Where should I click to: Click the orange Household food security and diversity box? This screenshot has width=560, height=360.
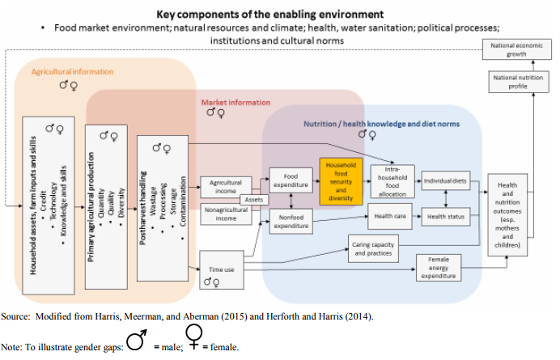(x=340, y=181)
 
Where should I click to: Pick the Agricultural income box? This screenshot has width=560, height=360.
(x=226, y=187)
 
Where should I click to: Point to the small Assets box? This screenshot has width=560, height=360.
(x=253, y=198)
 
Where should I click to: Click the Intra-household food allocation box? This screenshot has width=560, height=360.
(x=392, y=181)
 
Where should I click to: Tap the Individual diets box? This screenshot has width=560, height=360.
(x=446, y=180)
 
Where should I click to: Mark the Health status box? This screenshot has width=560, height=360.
(x=446, y=216)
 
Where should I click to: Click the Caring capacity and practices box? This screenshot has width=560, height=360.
(x=374, y=249)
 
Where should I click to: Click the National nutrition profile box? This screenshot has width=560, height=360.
(x=511, y=80)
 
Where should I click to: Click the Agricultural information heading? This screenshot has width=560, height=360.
(x=72, y=71)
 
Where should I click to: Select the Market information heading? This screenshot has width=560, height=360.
(x=235, y=102)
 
